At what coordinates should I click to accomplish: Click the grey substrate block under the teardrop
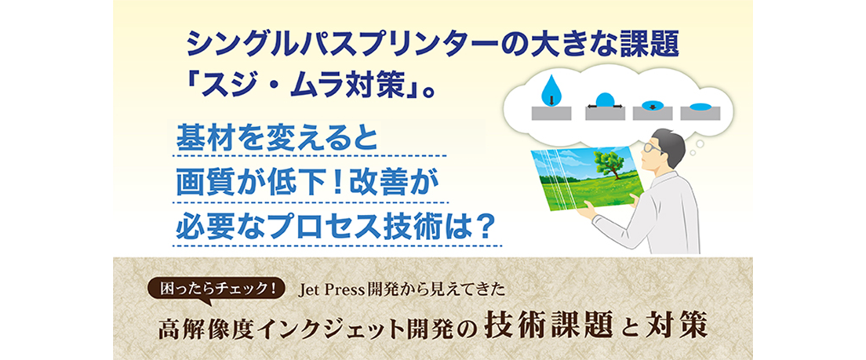click(x=551, y=113)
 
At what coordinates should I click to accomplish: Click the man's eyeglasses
click(x=656, y=147)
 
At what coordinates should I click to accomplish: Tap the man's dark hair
click(x=671, y=141)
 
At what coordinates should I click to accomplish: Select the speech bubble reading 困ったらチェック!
click(x=217, y=289)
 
